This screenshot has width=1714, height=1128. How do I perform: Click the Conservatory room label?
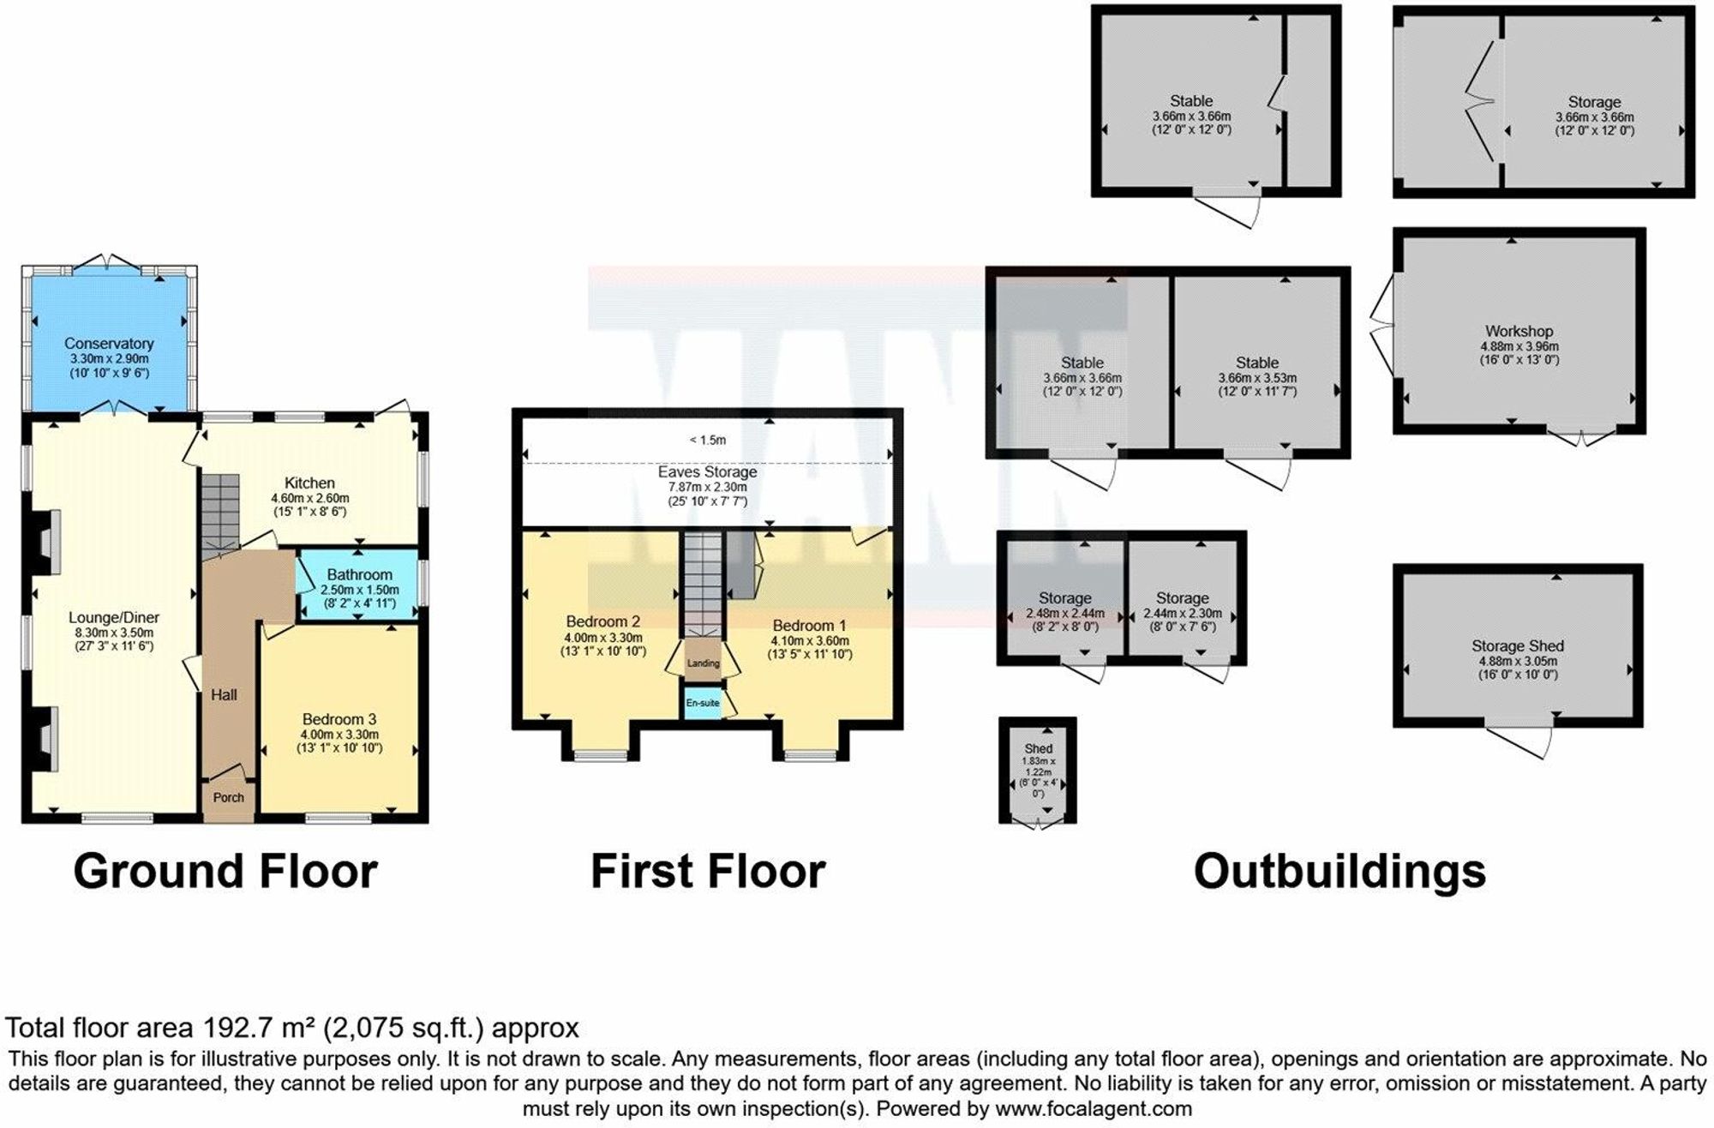click(109, 344)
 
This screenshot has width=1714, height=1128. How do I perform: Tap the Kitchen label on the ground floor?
click(309, 483)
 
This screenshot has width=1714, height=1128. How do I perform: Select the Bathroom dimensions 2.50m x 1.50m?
click(360, 590)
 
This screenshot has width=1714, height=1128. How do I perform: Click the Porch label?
click(229, 798)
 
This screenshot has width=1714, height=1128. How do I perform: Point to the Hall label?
click(225, 695)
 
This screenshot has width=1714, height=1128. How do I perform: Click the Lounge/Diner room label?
click(114, 618)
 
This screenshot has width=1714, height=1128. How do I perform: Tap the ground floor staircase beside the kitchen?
click(220, 513)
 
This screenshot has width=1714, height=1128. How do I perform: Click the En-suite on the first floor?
click(703, 703)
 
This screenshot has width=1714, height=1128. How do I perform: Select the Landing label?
click(704, 663)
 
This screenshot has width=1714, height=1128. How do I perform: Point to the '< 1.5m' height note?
click(707, 441)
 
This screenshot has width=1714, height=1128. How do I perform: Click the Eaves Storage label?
click(707, 472)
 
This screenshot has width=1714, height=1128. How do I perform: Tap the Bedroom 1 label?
click(809, 626)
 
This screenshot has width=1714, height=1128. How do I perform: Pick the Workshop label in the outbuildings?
click(1519, 331)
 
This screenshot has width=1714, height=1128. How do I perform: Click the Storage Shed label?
click(1518, 646)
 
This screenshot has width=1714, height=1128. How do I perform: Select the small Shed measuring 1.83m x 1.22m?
click(1038, 771)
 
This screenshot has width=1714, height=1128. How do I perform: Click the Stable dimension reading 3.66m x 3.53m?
click(1257, 378)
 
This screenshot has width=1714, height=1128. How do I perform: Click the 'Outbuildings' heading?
click(1339, 872)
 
